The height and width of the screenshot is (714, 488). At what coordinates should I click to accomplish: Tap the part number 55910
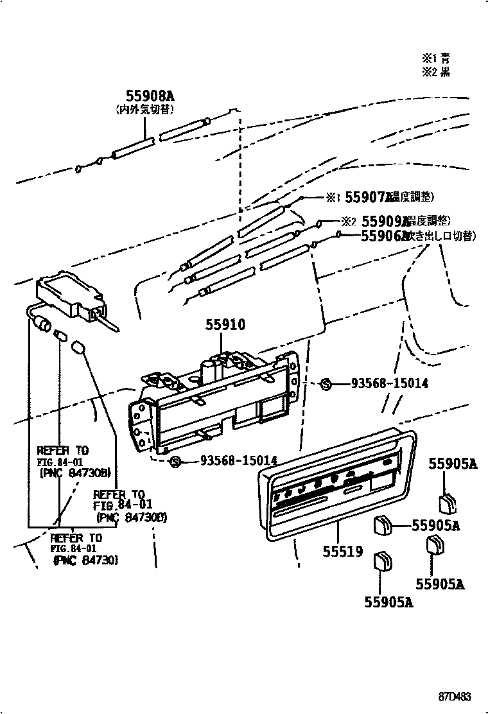pos(225,326)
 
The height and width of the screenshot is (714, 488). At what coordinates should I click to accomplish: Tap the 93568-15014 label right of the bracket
pos(389,384)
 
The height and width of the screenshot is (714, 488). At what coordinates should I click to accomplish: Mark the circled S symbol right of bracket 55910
pos(326,384)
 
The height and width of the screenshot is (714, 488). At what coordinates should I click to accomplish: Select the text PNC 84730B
pos(75,473)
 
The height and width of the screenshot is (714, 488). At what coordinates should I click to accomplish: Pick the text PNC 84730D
pos(131,517)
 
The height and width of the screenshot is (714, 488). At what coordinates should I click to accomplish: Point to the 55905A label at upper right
pos(453,464)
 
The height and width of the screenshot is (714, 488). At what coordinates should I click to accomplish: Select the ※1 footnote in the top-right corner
pos(435,57)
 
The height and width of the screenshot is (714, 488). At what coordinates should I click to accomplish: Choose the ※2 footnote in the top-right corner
pos(435,71)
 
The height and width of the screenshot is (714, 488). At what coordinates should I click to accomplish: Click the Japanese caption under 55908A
pos(145,110)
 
